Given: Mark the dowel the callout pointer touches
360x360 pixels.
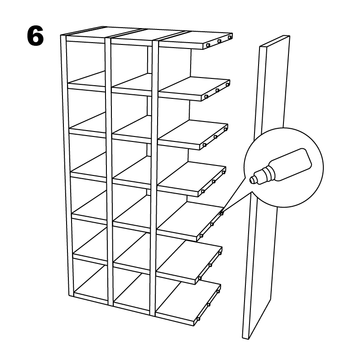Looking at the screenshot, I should click(222, 213).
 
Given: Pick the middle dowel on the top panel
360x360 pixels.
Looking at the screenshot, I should click(219, 41).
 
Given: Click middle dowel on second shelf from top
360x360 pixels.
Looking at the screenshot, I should click(217, 90).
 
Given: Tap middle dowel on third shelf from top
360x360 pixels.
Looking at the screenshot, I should click(215, 136).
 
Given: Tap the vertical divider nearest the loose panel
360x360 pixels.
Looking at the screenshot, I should click(154, 181).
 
